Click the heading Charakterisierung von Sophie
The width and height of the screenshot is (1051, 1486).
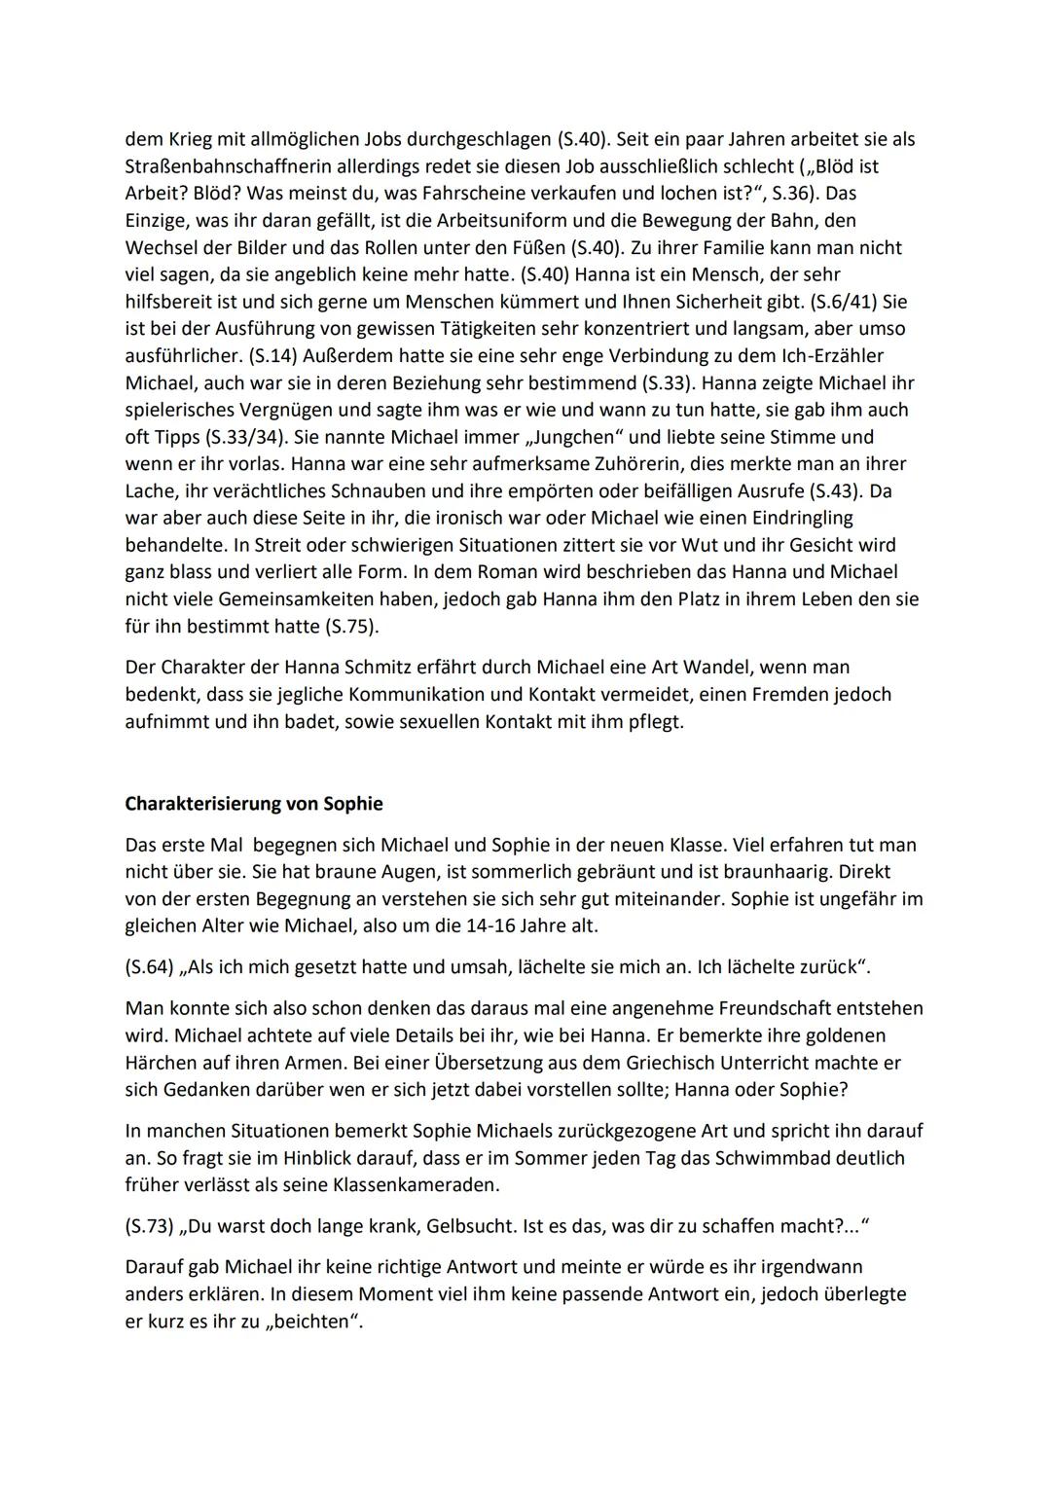click(254, 804)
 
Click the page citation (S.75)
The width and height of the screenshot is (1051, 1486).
click(346, 627)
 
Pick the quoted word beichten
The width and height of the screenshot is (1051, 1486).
click(309, 1323)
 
